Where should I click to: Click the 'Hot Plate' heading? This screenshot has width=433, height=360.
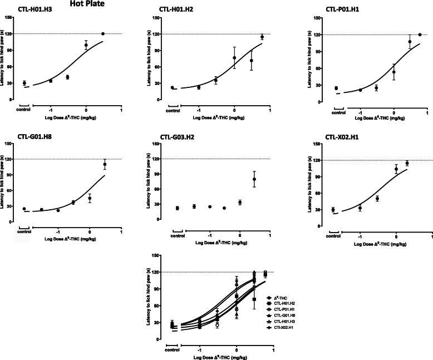pos(85,4)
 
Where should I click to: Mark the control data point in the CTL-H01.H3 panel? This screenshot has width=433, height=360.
pos(24,83)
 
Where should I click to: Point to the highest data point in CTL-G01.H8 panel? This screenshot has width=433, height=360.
pos(104,164)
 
